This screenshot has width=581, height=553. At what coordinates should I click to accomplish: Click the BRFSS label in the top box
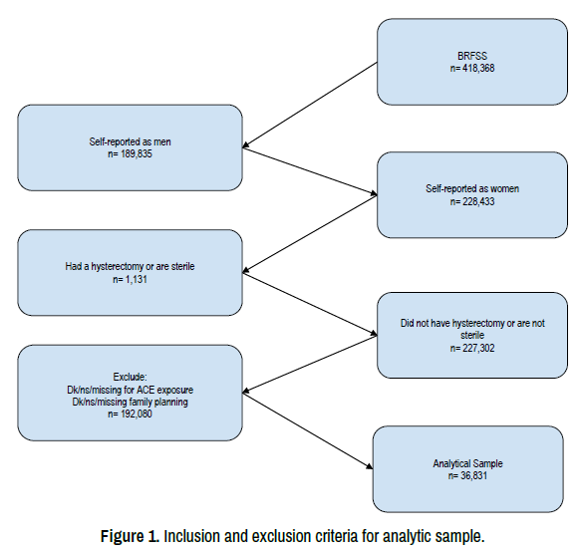472,56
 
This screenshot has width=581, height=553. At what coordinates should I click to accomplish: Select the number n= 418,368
472,68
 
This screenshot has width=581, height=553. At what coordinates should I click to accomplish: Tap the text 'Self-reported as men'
131,141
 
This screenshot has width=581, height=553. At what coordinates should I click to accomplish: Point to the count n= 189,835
131,153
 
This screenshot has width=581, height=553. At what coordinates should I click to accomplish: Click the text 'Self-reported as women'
472,188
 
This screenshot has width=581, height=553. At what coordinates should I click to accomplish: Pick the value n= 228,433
472,201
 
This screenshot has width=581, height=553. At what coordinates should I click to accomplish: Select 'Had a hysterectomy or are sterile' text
131,266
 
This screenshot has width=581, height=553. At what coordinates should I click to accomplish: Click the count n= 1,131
131,279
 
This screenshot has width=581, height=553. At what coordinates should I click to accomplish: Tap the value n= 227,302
472,348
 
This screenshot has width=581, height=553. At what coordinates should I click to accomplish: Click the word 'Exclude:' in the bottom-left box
131,377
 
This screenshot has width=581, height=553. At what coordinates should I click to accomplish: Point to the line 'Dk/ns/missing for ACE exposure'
131,390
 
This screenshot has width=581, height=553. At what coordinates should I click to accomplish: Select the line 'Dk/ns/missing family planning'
131,402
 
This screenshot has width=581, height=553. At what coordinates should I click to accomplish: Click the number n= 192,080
131,414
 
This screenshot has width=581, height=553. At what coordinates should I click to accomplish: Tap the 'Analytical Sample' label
467,463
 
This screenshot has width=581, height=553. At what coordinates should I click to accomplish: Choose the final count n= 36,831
467,475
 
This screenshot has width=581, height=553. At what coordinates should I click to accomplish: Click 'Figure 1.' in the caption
131,536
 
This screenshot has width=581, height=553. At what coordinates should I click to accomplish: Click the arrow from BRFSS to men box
310,106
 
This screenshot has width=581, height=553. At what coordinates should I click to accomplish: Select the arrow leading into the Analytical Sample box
308,431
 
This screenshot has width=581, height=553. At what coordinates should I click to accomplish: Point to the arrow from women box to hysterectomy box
310,234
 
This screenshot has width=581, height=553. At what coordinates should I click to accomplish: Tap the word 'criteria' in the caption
336,536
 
